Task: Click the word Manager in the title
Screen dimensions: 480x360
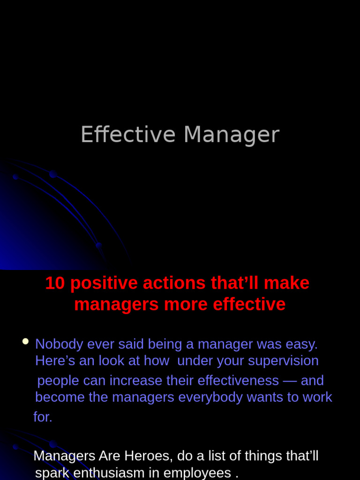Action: (x=232, y=135)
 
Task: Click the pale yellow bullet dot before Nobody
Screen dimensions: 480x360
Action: (x=25, y=341)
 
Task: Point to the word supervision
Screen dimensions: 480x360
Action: (x=283, y=361)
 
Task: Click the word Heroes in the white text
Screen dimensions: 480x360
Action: (x=147, y=456)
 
